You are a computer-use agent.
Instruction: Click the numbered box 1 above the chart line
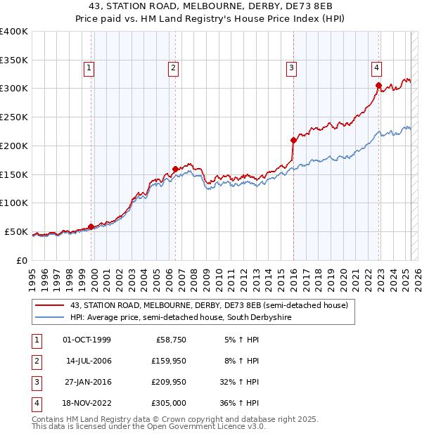90,68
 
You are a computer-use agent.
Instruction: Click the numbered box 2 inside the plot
173,68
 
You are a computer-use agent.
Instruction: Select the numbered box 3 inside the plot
291,68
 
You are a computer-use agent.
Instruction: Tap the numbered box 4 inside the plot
377,68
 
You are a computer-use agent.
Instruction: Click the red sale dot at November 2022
378,86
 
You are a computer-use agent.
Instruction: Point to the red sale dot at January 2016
293,140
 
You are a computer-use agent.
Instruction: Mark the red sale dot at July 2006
175,169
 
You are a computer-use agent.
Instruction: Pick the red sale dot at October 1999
91,226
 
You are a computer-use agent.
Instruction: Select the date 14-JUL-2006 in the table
88,361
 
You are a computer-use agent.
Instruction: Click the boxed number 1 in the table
36,340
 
